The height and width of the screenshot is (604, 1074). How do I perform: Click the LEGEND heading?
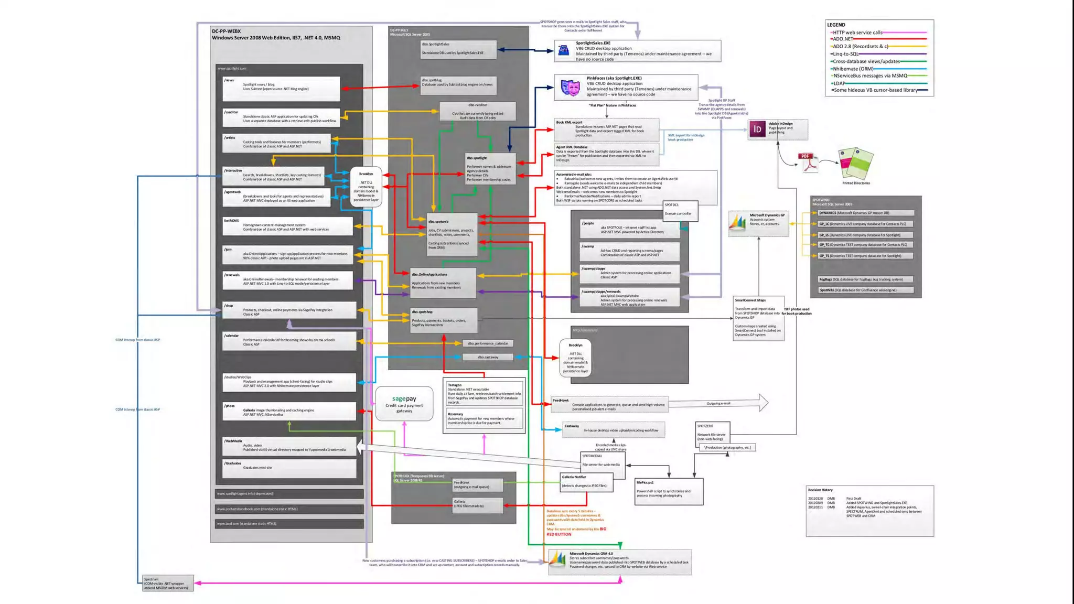coord(836,25)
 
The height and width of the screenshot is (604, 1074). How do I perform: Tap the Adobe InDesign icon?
coord(757,129)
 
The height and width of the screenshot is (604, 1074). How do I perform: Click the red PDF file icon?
coord(808,163)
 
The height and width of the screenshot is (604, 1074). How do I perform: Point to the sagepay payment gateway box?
coord(404,404)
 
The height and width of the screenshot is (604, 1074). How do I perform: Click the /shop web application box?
coord(289,310)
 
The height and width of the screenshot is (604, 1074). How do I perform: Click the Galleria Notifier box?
coord(586,481)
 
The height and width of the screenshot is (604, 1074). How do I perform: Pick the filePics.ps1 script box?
coord(669,491)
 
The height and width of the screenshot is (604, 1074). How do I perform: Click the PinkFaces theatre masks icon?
coord(571,87)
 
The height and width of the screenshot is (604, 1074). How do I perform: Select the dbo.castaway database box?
coord(488,357)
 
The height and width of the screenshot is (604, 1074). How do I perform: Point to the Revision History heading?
coord(820,490)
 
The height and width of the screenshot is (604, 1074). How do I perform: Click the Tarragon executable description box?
coord(484,393)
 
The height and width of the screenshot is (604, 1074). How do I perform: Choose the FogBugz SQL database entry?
coord(865,279)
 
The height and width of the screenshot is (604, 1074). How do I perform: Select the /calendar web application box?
coord(289,340)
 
